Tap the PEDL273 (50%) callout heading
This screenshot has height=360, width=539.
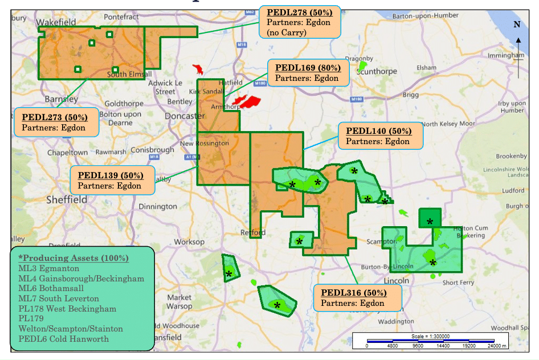55,117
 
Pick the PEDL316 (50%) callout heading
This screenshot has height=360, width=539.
354,293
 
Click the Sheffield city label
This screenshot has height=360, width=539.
67,199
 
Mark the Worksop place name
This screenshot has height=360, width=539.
189,242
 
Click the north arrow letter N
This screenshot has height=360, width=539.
517,24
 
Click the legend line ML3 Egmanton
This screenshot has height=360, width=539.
49,268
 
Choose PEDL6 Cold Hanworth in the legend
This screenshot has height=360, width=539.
64,339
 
